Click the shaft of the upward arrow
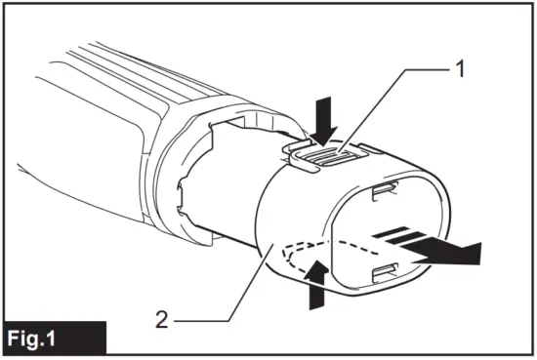tap(314, 295)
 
